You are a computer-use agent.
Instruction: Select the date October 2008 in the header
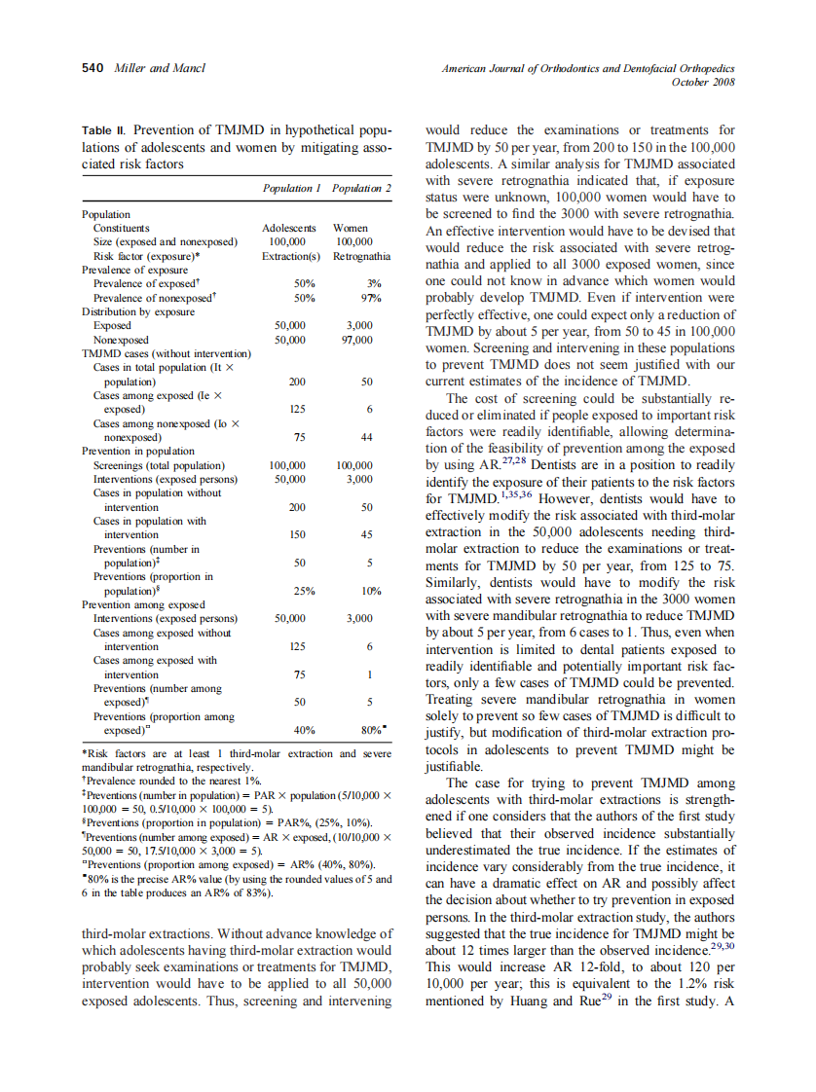pos(703,82)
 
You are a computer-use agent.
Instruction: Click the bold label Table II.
pos(104,129)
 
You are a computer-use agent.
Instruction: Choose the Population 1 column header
pos(292,188)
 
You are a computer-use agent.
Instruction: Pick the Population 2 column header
pos(361,188)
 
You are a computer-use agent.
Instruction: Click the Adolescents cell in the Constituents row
pos(290,228)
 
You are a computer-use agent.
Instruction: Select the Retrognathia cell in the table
pos(361,256)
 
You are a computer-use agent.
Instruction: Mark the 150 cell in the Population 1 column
pos(298,535)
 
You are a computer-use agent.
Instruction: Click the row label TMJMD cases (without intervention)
pos(167,353)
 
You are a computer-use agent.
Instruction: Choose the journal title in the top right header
pos(588,68)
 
